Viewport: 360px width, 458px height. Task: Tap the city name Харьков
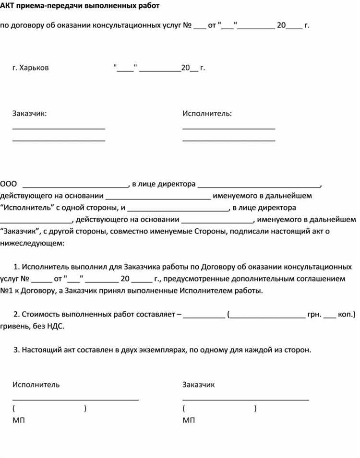pos(34,68)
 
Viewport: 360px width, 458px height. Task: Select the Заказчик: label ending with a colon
pos(30,114)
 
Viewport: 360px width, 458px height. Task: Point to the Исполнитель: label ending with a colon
pos(207,114)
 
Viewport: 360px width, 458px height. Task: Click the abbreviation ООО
pos(9,184)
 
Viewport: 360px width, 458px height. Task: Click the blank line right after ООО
pos(75,186)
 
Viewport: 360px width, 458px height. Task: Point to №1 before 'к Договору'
pos(6,291)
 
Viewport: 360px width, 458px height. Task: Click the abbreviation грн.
pos(314,314)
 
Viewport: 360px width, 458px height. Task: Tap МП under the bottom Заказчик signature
pos(189,421)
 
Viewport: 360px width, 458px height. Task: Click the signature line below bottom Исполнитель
pos(75,399)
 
